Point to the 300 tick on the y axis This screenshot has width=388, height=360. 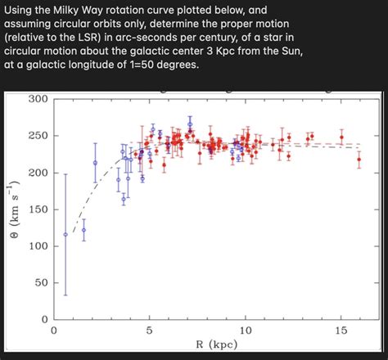[38, 100]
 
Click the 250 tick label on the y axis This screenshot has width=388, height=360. [38, 136]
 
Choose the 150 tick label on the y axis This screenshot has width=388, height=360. [38, 209]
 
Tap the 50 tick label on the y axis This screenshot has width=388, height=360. [42, 282]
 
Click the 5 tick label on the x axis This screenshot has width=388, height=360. [150, 331]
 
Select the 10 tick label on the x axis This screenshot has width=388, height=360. [246, 331]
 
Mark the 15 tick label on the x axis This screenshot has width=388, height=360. [342, 331]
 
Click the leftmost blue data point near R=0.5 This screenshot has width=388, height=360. [65, 234]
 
